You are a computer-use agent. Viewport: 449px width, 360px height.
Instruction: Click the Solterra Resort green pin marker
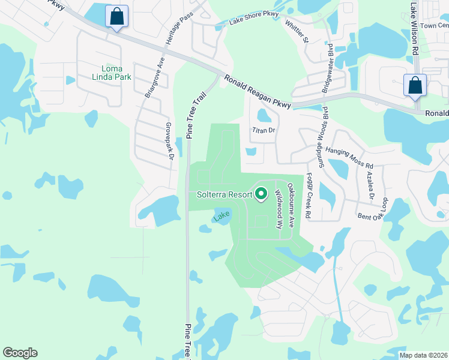click(x=261, y=194)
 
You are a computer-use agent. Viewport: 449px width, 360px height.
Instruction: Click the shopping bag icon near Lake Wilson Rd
click(x=415, y=85)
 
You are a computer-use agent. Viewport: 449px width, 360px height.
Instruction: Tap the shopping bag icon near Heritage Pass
click(x=116, y=16)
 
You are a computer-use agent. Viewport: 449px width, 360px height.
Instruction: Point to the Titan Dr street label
click(x=263, y=130)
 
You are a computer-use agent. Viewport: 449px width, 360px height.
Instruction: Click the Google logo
click(x=20, y=353)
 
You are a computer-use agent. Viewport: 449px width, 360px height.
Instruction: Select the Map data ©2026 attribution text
click(x=423, y=355)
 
